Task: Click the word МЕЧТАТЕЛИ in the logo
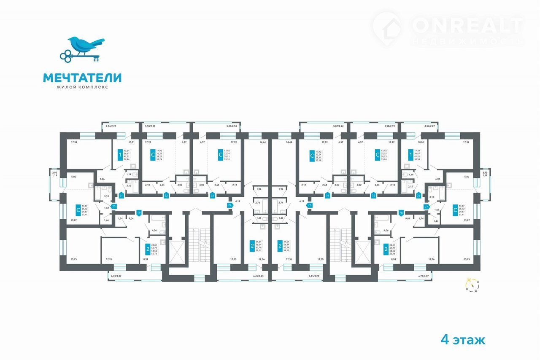pyautogui.click(x=82, y=78)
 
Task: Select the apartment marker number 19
pyautogui.click(x=138, y=213)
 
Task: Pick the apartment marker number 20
pyautogui.click(x=113, y=207)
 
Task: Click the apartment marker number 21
pyautogui.click(x=121, y=196)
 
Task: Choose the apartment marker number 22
pyautogui.click(x=166, y=196)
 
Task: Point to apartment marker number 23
pyautogui.click(x=212, y=196)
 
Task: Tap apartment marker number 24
pyautogui.click(x=230, y=205)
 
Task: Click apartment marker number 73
pyautogui.click(x=310, y=205)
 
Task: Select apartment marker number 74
pyautogui.click(x=327, y=196)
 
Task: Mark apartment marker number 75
pyautogui.click(x=373, y=196)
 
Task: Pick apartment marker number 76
pyautogui.click(x=418, y=196)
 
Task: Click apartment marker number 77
pyautogui.click(x=427, y=207)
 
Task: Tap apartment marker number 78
pyautogui.click(x=401, y=213)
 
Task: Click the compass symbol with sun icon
pyautogui.click(x=471, y=285)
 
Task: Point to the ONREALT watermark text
pyautogui.click(x=467, y=25)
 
